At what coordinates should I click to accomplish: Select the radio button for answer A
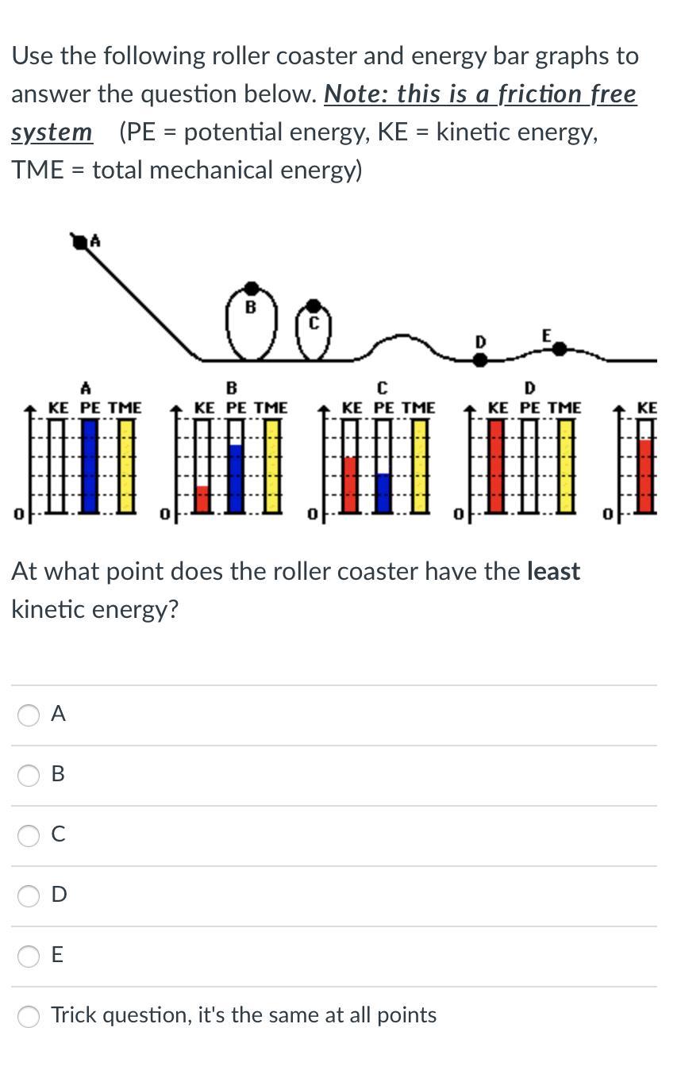(x=29, y=715)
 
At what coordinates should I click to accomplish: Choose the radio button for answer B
(x=29, y=775)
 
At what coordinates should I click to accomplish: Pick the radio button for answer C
(x=29, y=835)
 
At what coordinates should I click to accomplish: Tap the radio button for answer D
(x=29, y=895)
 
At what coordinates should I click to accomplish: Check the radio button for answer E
(x=29, y=956)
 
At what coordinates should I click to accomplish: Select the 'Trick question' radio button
(x=29, y=1016)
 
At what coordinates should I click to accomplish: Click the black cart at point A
(x=80, y=241)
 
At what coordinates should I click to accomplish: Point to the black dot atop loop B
(x=252, y=287)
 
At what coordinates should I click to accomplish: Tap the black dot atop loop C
(x=314, y=305)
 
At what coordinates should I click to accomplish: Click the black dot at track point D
(x=479, y=359)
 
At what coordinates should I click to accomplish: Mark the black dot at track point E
(x=560, y=348)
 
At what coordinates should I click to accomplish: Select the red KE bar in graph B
(x=202, y=498)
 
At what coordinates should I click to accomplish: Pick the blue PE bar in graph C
(x=383, y=492)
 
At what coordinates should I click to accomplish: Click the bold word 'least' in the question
(x=553, y=572)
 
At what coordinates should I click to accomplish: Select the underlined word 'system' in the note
(x=52, y=132)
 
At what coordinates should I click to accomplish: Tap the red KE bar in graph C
(x=350, y=484)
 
